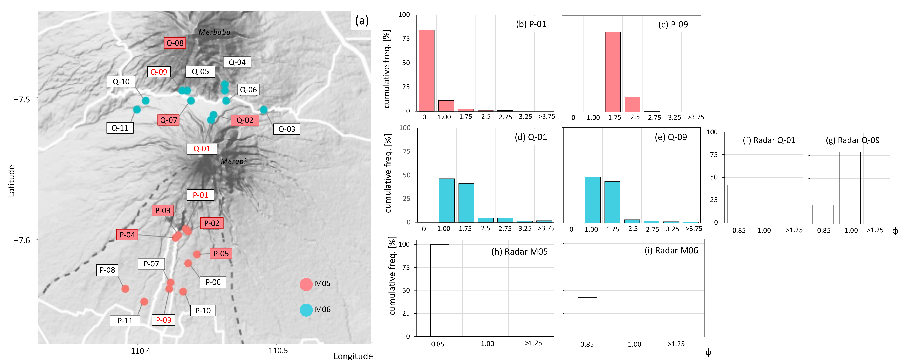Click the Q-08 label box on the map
pyautogui.click(x=175, y=43)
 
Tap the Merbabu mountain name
pyautogui.click(x=214, y=32)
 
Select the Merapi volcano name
pyautogui.click(x=233, y=161)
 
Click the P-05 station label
pyautogui.click(x=221, y=253)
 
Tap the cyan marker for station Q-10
pyautogui.click(x=145, y=101)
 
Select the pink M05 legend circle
pyautogui.click(x=306, y=284)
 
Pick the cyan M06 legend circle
pyautogui.click(x=306, y=310)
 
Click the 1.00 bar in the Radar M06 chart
pyautogui.click(x=634, y=310)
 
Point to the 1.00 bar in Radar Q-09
pyautogui.click(x=850, y=188)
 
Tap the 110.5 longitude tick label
pyautogui.click(x=278, y=351)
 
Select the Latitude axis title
pyautogui.click(x=11, y=181)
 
